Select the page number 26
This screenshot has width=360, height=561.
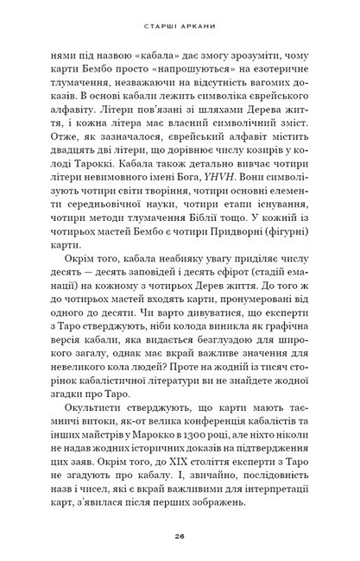point(180,535)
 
